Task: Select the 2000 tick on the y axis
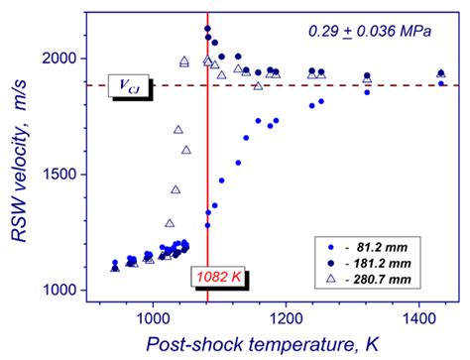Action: (x=68, y=59)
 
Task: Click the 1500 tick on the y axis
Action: (x=68, y=175)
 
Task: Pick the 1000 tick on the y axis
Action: (x=68, y=291)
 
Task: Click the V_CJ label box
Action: (x=124, y=86)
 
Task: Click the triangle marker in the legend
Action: (x=330, y=280)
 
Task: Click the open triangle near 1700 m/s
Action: (x=177, y=129)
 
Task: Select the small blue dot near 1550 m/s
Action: (x=238, y=162)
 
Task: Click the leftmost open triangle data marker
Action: (x=115, y=267)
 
